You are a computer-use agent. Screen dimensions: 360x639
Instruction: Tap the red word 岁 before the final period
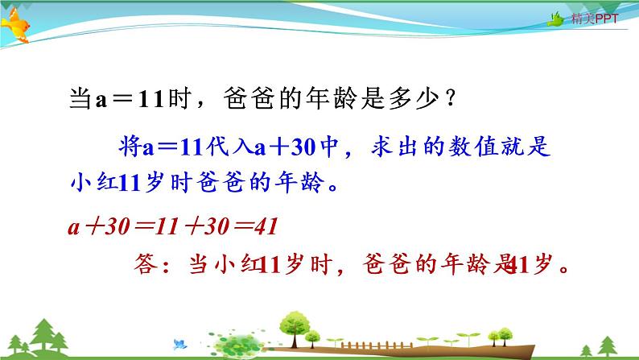(x=542, y=265)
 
